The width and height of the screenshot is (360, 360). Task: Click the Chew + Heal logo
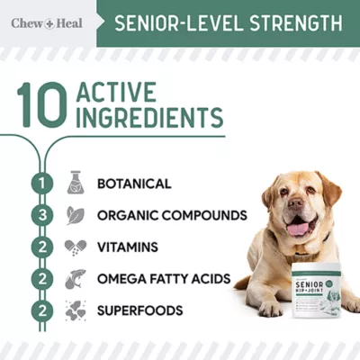click(46, 22)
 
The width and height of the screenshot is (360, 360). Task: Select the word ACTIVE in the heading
click(116, 93)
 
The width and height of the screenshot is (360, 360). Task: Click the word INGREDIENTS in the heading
click(149, 118)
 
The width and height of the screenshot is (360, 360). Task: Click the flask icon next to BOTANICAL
click(76, 184)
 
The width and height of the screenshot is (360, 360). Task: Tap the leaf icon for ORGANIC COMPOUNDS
click(76, 215)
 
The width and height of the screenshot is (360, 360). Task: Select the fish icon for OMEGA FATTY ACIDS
click(76, 279)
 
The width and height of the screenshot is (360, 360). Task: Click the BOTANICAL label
click(134, 184)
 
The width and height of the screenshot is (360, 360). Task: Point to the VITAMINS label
click(128, 247)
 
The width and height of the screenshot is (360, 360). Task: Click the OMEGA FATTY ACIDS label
click(164, 279)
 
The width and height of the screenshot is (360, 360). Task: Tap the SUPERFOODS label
click(140, 310)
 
